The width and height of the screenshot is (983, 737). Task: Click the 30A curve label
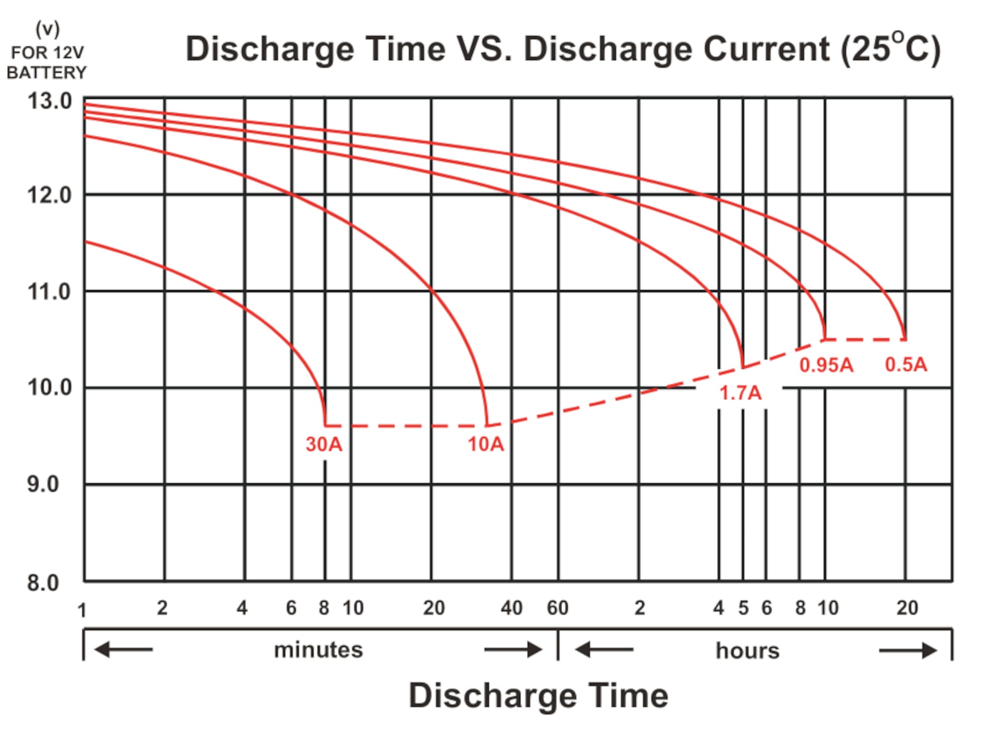tap(323, 444)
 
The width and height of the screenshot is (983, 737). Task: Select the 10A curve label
tap(486, 444)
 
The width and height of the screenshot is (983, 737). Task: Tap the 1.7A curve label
tap(740, 393)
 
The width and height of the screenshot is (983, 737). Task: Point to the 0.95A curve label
tap(826, 365)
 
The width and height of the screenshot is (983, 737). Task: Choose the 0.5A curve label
tap(906, 365)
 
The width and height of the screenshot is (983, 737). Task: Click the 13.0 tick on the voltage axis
tap(49, 101)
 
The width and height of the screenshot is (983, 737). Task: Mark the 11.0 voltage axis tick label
tap(49, 292)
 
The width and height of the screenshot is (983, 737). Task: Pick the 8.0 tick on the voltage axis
tap(43, 583)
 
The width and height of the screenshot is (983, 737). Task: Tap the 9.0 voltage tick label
tap(43, 484)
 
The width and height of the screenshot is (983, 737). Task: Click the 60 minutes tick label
tap(558, 608)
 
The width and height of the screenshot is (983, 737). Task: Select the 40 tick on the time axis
tap(512, 608)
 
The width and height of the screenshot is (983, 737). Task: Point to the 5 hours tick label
tap(743, 608)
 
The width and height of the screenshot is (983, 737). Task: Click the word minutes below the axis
tap(318, 650)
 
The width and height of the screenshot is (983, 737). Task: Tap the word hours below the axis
tap(748, 651)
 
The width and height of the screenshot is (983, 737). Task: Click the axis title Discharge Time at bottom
tap(538, 696)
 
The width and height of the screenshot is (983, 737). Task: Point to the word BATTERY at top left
tap(47, 73)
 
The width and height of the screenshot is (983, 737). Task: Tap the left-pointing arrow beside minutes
tap(123, 650)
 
